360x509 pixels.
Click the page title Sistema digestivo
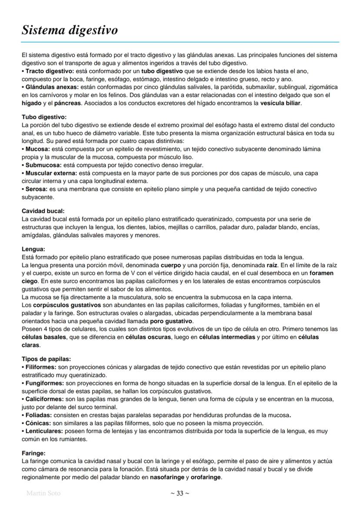70,30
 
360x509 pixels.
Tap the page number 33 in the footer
180,493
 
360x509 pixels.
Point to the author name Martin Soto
43,493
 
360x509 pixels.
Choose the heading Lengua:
33,249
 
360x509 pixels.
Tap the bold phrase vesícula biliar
280,103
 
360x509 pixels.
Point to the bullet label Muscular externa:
50,173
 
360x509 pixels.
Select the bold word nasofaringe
167,477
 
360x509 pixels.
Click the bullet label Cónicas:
37,423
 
